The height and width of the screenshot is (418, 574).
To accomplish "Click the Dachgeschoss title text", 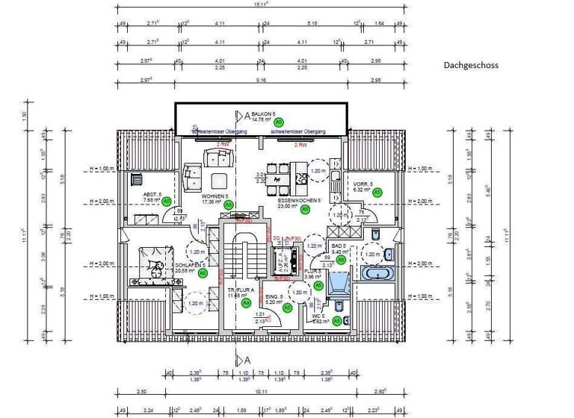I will (471, 65).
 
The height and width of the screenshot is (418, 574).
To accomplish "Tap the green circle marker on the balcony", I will (278, 121).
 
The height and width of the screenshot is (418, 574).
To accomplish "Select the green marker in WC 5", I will (336, 321).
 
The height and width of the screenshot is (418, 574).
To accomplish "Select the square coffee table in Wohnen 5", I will (219, 179).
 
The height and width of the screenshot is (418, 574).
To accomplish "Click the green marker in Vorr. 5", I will (377, 192).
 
